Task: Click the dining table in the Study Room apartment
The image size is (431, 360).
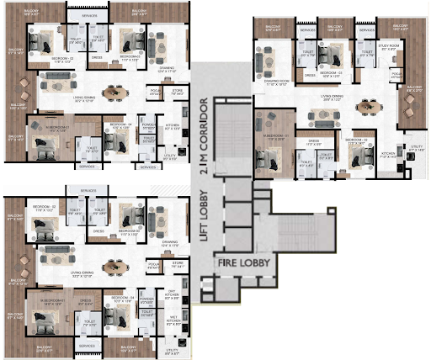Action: [x=364, y=108]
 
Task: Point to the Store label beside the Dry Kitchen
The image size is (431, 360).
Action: [x=178, y=264]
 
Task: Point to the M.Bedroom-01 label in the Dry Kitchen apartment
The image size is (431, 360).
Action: [x=48, y=299]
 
